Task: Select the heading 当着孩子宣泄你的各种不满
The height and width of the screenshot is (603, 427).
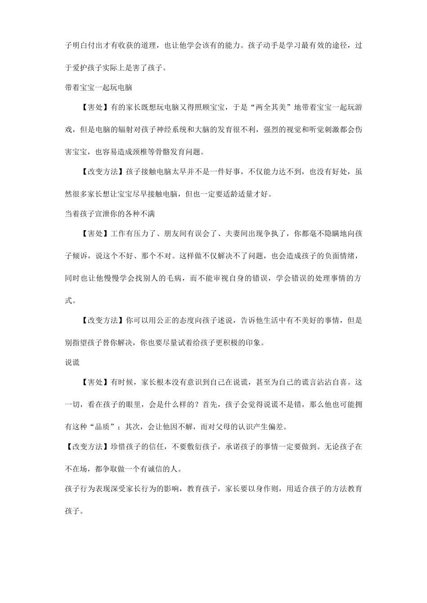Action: (x=110, y=214)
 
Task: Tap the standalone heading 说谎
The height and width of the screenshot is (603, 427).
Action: (x=72, y=362)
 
